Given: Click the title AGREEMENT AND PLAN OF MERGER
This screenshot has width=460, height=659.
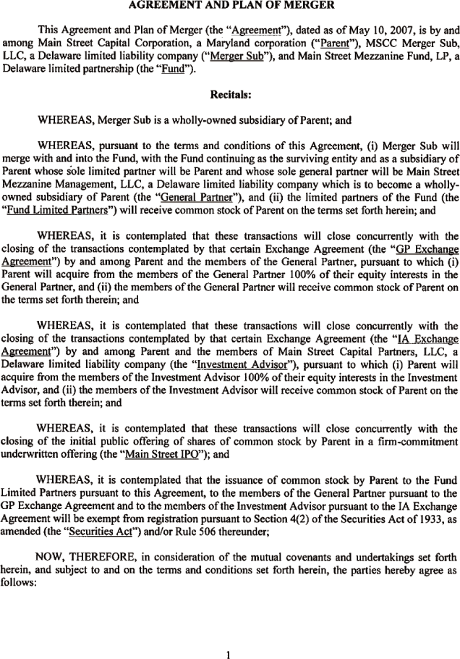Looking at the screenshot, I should pyautogui.click(x=230, y=6).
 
